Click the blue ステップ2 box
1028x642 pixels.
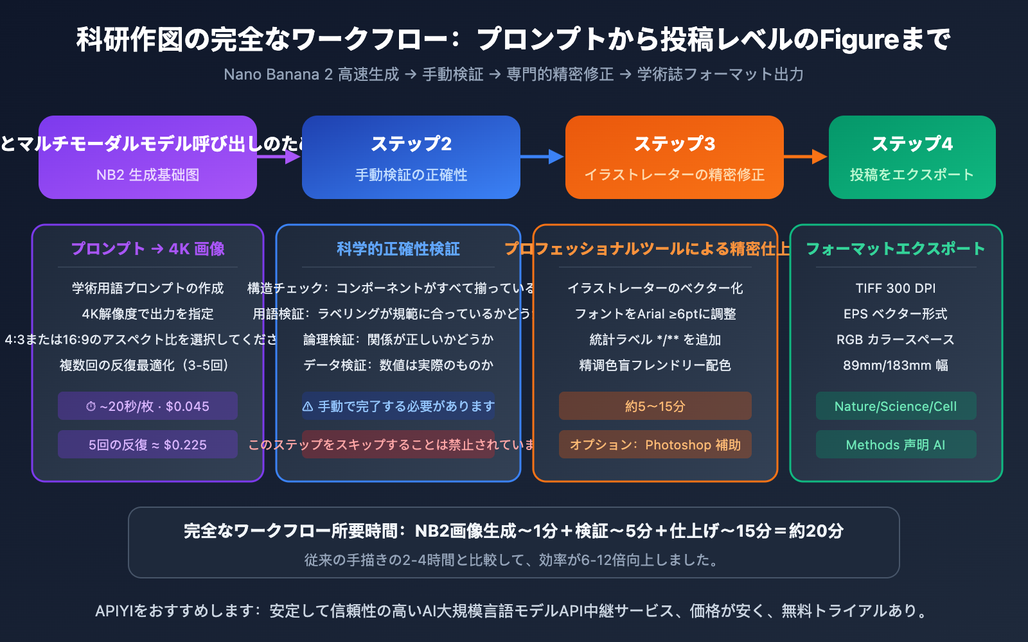click(x=411, y=157)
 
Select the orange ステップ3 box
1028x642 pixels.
click(x=675, y=157)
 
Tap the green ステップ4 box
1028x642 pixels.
click(x=912, y=157)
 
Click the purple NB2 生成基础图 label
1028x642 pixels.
click(x=148, y=175)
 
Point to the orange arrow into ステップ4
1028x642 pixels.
click(x=806, y=157)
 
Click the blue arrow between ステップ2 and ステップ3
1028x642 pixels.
click(x=543, y=157)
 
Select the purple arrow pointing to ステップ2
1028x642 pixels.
click(x=279, y=157)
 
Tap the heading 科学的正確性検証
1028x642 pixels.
click(x=398, y=249)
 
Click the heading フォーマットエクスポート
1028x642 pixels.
click(x=896, y=249)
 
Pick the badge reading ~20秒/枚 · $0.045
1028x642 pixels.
click(x=148, y=406)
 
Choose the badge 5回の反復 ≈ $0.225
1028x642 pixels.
click(x=148, y=445)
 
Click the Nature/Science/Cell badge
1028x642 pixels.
click(x=896, y=406)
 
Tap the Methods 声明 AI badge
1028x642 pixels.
click(x=896, y=445)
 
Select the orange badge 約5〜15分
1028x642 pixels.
click(x=655, y=406)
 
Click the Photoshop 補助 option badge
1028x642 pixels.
click(x=655, y=445)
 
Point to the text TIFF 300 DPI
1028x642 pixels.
click(x=896, y=288)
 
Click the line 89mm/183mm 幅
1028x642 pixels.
click(x=896, y=365)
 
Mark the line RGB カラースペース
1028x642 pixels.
click(x=896, y=340)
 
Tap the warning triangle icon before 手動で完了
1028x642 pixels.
click(x=308, y=406)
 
